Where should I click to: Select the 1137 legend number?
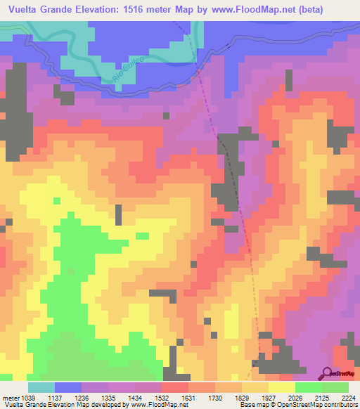pyautogui.click(x=67, y=399)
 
